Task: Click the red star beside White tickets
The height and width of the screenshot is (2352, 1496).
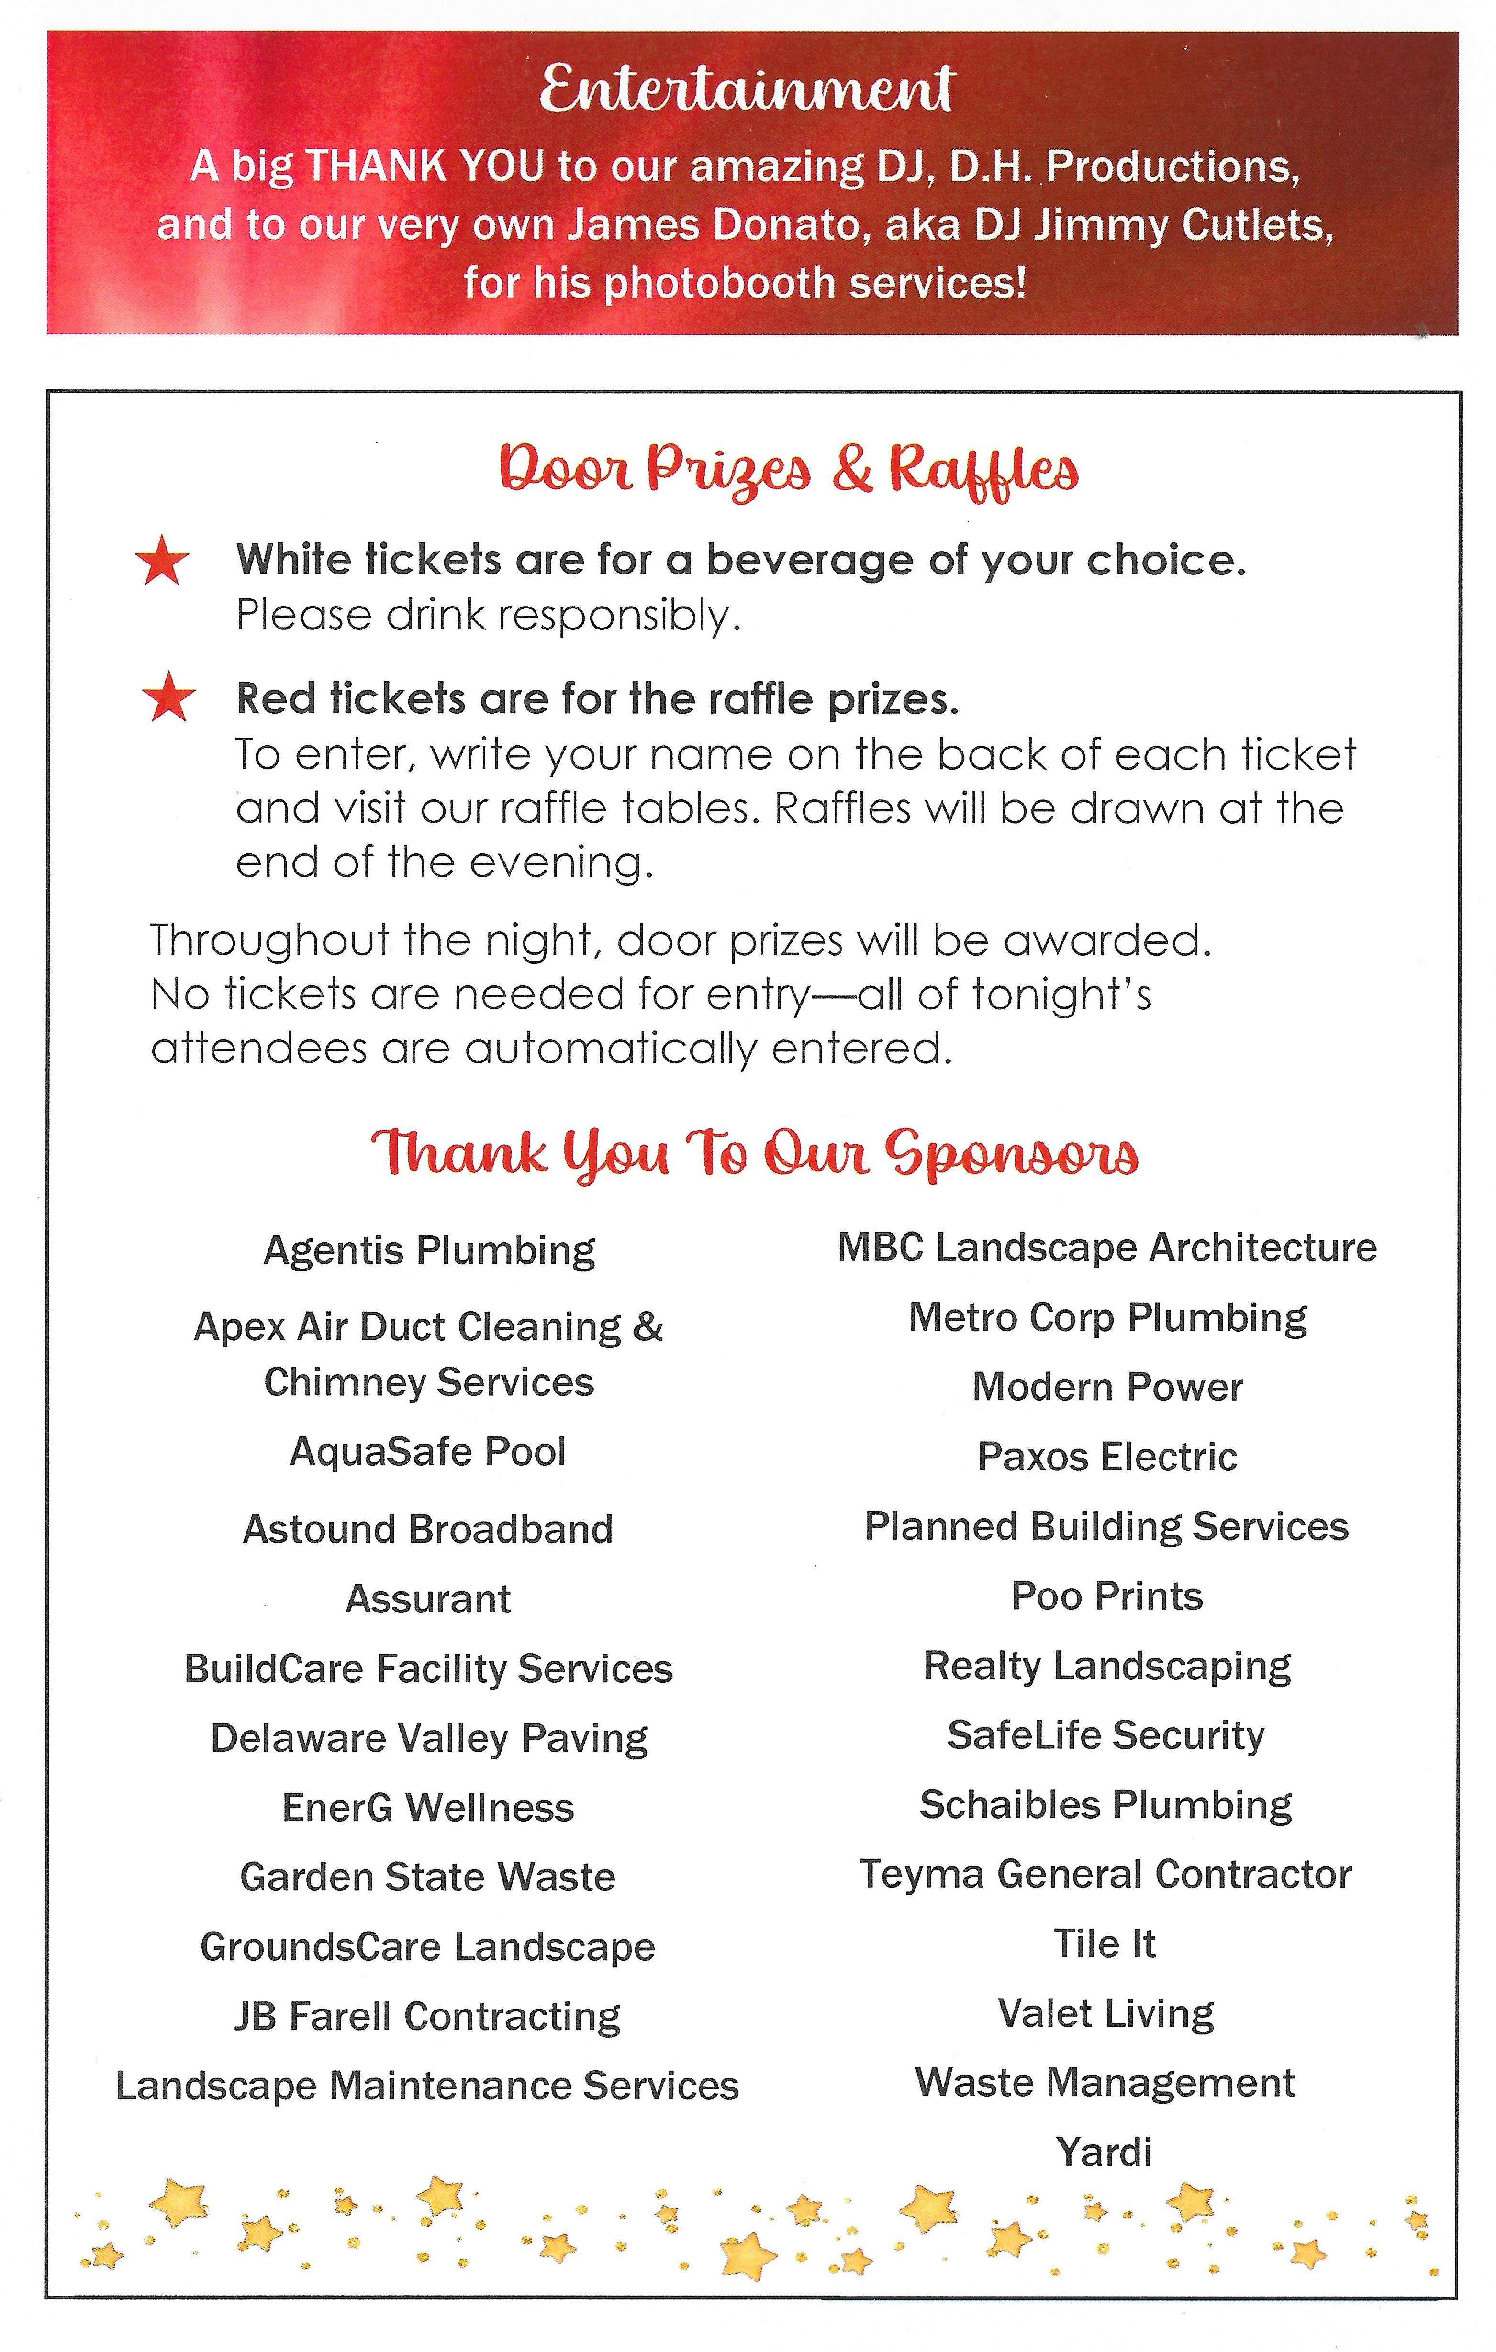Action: point(162,562)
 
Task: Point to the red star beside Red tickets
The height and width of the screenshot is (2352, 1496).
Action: point(169,697)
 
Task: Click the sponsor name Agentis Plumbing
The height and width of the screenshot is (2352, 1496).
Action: point(429,1250)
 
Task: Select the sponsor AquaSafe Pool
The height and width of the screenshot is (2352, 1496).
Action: point(428,1451)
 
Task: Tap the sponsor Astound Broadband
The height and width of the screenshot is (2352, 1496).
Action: point(428,1529)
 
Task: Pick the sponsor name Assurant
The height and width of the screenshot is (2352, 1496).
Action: point(428,1599)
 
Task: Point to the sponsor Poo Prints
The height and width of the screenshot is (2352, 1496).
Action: point(1106,1596)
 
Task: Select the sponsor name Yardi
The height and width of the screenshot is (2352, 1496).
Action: point(1104,2152)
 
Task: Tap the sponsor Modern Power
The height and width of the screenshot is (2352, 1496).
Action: point(1107,1387)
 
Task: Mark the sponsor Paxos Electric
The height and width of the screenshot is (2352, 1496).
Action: point(1107,1457)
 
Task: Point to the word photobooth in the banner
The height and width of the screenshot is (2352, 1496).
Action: point(721,283)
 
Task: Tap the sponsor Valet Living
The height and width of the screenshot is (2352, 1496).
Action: point(1105,2013)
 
